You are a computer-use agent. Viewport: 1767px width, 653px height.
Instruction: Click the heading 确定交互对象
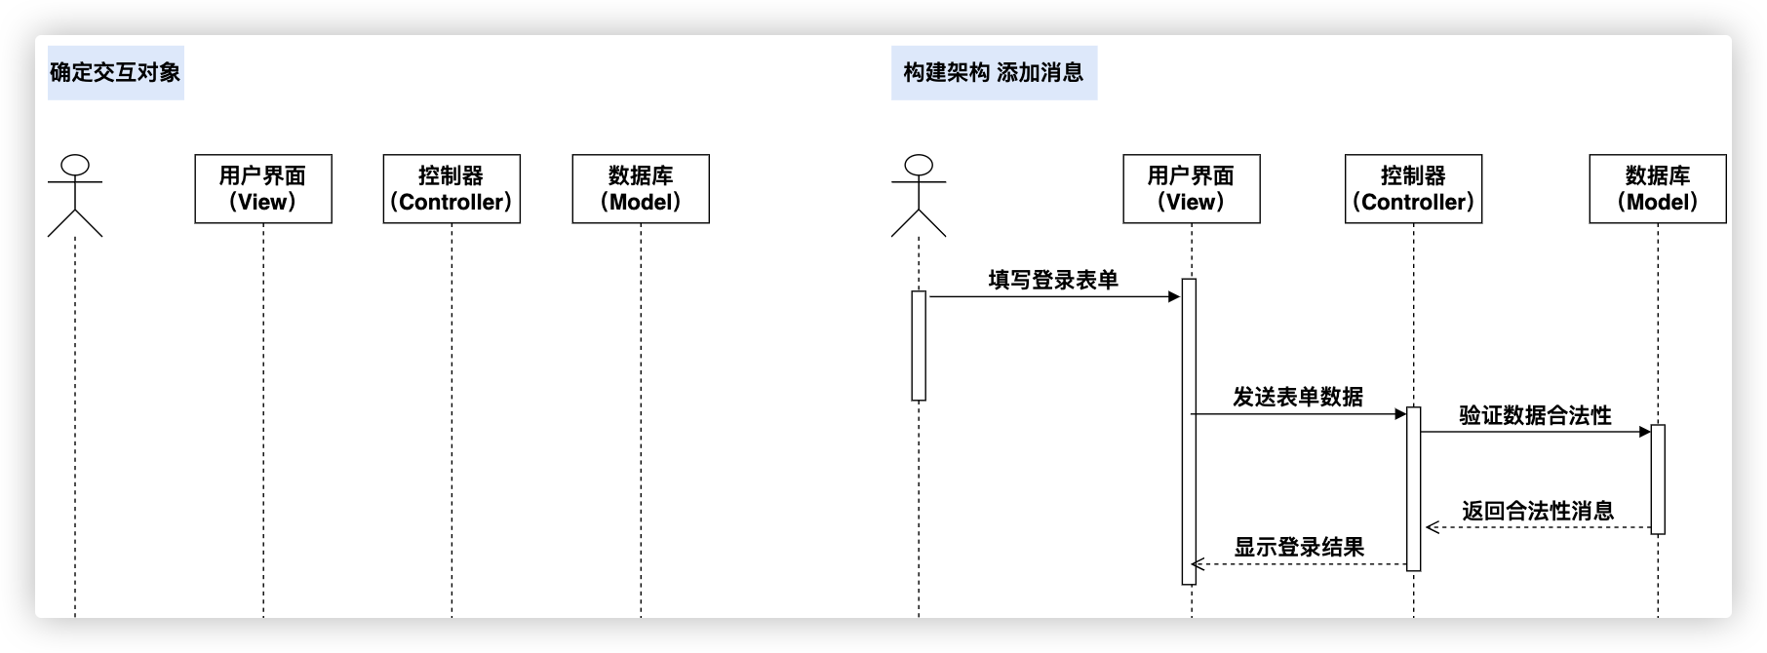[x=115, y=72]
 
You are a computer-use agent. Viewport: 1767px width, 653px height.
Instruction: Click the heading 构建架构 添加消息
[x=993, y=72]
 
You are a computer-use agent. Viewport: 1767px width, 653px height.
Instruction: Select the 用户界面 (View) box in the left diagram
[x=263, y=189]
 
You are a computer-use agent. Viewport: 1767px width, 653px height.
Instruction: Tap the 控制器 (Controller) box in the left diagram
[x=452, y=189]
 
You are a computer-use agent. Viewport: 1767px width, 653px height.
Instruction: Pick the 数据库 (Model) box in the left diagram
[x=641, y=189]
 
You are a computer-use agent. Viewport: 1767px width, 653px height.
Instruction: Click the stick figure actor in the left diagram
[x=75, y=195]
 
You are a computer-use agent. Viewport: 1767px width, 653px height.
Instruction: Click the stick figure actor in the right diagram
[x=919, y=195]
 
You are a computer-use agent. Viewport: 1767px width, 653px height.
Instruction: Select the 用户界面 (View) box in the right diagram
[x=1191, y=189]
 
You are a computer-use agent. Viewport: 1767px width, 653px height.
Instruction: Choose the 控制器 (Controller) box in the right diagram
[x=1413, y=189]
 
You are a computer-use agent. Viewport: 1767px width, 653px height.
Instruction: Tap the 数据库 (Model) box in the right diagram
[x=1658, y=189]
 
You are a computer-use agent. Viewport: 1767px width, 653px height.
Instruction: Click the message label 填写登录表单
[x=1053, y=280]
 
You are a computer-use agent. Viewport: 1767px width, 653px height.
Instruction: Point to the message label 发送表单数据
[x=1298, y=397]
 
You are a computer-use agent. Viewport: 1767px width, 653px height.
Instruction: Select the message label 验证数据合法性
[x=1535, y=415]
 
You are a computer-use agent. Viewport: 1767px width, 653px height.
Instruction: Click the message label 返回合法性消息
[x=1538, y=511]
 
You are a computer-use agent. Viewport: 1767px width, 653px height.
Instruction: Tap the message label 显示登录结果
[x=1299, y=548]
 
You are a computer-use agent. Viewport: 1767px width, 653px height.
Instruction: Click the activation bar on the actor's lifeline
[x=919, y=346]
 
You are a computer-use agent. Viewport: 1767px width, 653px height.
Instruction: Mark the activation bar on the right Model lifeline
[x=1658, y=480]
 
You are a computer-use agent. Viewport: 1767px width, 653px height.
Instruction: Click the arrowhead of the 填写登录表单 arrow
[x=1174, y=296]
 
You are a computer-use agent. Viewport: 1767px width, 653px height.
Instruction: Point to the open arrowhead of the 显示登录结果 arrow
[x=1198, y=564]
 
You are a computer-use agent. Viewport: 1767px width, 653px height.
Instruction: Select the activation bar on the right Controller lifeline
[x=1413, y=489]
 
